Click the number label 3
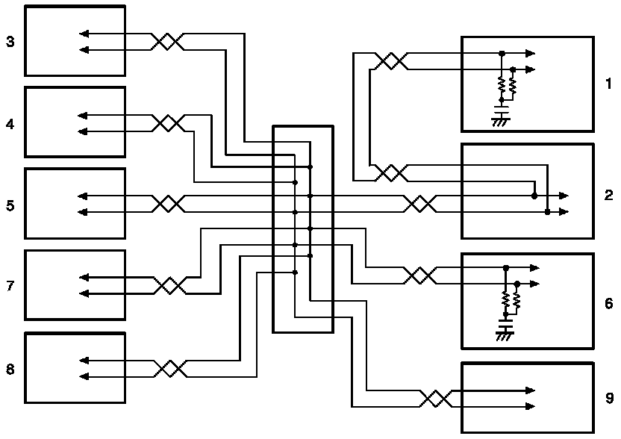point(10,41)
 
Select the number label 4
point(10,124)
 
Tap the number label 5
point(10,205)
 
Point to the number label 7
point(10,286)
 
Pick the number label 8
point(10,369)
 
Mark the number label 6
point(608,303)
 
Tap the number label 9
point(608,398)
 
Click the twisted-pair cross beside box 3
point(168,42)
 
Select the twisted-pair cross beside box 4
point(168,124)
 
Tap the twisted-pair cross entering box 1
point(390,61)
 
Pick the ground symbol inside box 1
point(500,120)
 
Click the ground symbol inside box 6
point(505,336)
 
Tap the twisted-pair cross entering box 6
point(420,275)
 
